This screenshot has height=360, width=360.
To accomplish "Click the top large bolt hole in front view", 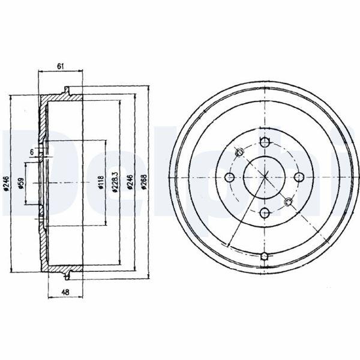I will (x=264, y=142).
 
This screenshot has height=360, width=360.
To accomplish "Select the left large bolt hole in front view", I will (x=229, y=176).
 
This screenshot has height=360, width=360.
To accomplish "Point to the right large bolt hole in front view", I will (x=298, y=176).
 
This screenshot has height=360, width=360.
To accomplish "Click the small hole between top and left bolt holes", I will (x=239, y=151).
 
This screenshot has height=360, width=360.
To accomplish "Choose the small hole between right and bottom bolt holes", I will (x=289, y=201).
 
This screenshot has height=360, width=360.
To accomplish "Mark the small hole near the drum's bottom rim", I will (x=264, y=257).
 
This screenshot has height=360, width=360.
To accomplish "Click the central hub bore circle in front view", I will (x=264, y=176).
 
